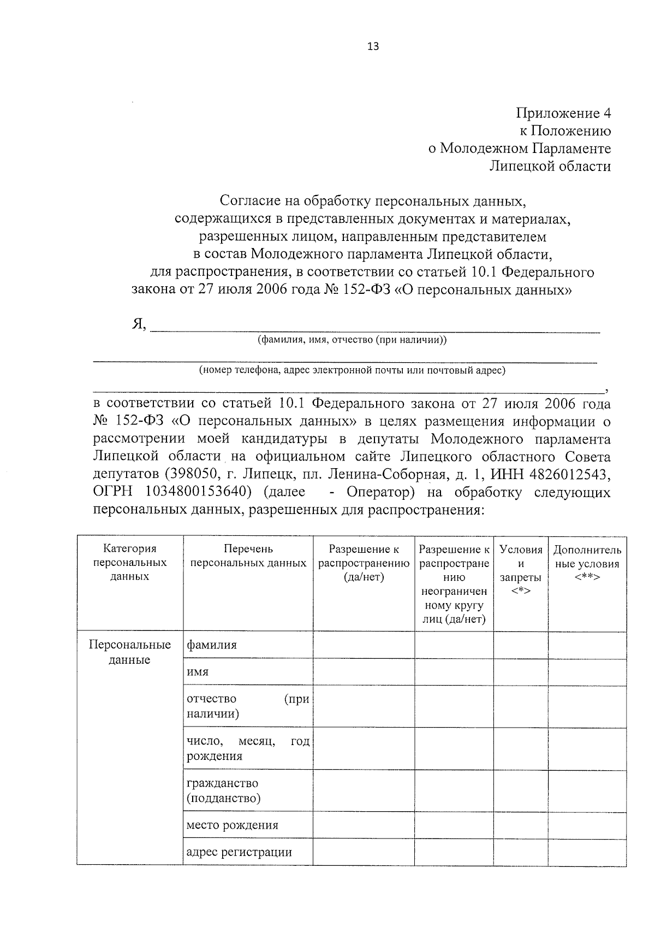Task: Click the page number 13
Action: (373, 46)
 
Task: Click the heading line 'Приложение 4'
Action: (563, 114)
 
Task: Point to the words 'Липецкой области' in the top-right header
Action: (550, 166)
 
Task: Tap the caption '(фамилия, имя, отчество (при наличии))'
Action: (352, 340)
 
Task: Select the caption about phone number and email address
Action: (352, 370)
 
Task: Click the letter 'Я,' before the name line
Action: (139, 324)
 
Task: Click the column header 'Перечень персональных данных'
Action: (248, 556)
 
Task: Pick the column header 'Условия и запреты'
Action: (521, 570)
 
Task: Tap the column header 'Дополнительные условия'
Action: (587, 563)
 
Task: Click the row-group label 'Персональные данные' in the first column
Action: (130, 652)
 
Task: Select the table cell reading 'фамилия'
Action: (212, 645)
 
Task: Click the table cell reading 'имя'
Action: (198, 672)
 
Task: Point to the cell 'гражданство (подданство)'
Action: (223, 790)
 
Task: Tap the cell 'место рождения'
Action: (232, 825)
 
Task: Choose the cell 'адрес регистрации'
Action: (239, 852)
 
